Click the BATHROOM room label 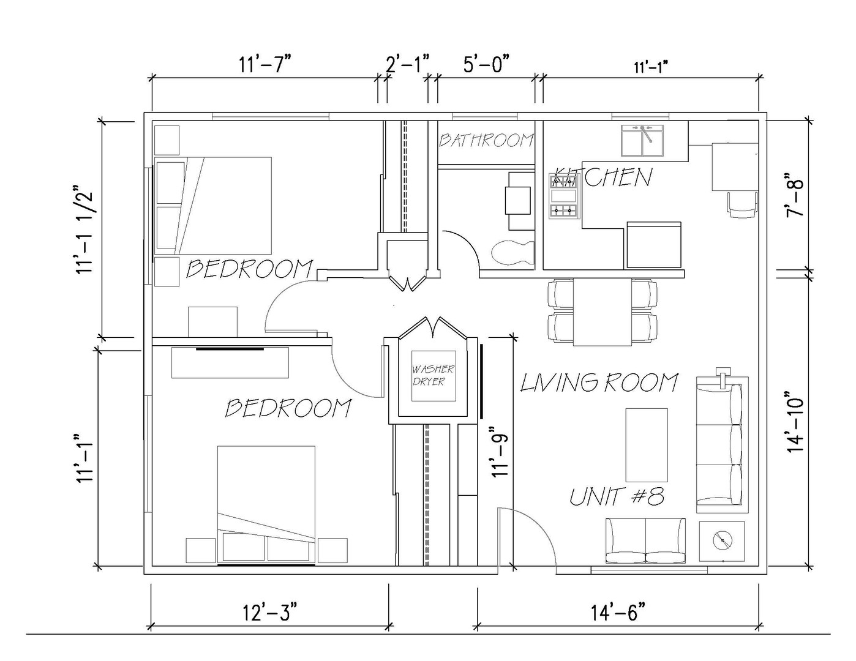486,140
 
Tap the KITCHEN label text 603,177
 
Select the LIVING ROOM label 599,383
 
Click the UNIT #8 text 617,497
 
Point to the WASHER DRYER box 434,376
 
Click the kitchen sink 642,141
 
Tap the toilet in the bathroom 513,252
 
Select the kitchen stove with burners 564,196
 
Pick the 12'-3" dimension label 269,613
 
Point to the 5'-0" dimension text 486,64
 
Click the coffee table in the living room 647,445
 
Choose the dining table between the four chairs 602,312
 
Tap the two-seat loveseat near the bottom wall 645,540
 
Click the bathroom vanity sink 517,201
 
